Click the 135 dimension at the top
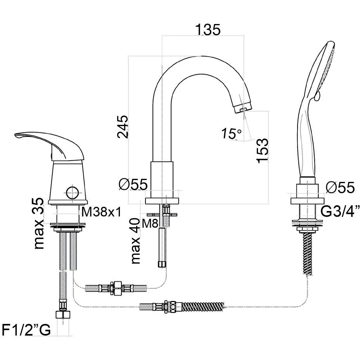pos(208,29)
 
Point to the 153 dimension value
pos(262,150)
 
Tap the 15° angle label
pos(232,134)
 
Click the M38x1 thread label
pos(101,212)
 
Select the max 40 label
pos(136,241)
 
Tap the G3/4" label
pos(341,212)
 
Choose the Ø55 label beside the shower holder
pos(340,188)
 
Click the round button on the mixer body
pos(72,192)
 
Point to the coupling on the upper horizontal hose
pos(116,288)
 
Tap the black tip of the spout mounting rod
pos(162,265)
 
